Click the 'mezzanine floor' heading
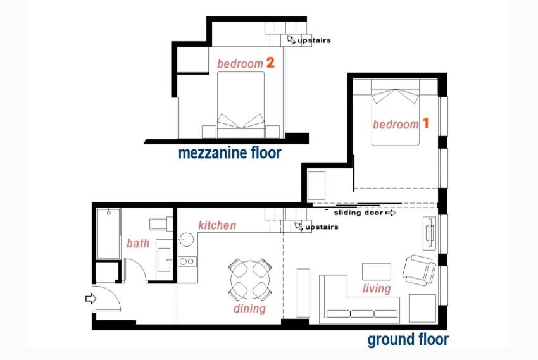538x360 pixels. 230,153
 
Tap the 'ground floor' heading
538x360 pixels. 408,340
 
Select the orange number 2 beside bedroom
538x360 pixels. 270,63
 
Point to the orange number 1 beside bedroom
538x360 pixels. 425,123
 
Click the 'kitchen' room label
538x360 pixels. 217,225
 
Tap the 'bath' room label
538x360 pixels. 138,243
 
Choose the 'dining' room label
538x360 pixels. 250,309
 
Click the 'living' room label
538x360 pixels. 377,289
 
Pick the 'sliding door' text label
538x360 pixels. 358,213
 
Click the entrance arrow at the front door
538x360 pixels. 91,299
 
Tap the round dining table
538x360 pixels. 250,280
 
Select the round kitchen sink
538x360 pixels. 186,240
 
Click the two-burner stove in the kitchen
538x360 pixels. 187,261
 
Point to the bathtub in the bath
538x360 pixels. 108,233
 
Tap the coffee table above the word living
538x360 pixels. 377,272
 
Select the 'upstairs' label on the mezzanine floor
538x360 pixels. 314,40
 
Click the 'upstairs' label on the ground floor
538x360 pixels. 322,227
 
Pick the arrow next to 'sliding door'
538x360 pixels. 391,213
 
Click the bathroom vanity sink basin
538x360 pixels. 165,259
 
